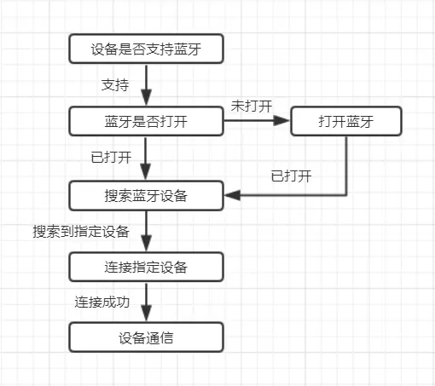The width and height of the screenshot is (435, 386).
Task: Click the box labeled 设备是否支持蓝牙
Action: point(146,49)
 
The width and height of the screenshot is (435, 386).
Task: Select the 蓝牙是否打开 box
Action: point(146,122)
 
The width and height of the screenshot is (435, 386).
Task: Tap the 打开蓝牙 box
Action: point(345,122)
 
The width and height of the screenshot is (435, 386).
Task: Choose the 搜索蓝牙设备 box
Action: point(146,195)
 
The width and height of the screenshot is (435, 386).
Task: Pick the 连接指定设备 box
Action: point(146,267)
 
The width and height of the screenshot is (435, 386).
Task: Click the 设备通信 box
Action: point(146,337)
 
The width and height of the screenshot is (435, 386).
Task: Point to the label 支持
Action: point(115,85)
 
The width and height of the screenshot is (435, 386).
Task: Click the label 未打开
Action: point(251,106)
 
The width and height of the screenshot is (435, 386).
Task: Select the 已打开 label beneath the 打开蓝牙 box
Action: point(291,176)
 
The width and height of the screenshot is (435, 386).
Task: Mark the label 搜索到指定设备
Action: point(81,231)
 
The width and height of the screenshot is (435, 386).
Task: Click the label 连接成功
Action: point(102,302)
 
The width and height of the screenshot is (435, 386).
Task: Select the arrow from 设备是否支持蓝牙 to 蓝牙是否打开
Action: point(146,85)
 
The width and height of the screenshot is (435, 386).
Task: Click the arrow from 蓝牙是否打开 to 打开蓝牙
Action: point(256,122)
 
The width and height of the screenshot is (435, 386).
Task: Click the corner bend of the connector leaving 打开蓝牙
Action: point(346,195)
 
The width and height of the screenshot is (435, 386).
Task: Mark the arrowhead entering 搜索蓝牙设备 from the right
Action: point(231,195)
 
